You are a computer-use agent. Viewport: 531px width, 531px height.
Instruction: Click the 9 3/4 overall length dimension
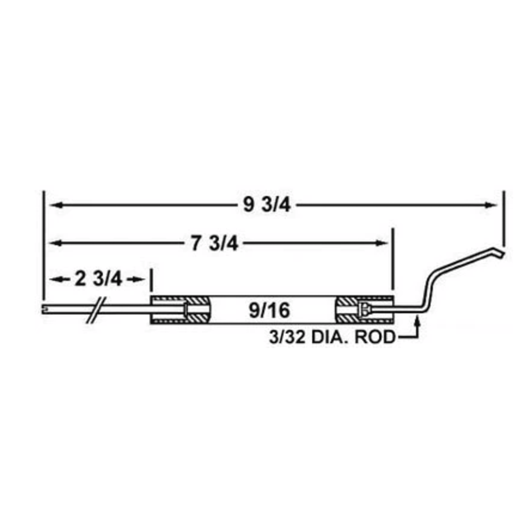267,205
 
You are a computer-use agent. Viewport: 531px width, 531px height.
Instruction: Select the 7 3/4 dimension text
214,243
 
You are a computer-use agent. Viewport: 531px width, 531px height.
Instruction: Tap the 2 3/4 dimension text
98,280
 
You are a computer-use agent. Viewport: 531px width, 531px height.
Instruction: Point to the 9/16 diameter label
269,311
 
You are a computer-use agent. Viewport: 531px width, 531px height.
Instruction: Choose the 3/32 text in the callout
287,337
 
